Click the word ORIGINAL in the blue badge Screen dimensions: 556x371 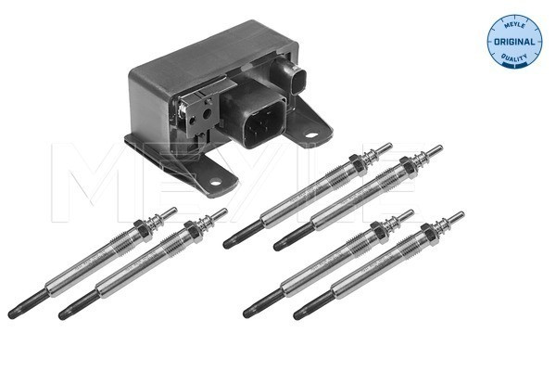click(x=514, y=42)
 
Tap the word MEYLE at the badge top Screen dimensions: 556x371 click(x=513, y=24)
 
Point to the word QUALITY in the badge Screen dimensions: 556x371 click(x=514, y=58)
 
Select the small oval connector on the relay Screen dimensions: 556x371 click(x=298, y=81)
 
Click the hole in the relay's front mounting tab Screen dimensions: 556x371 click(x=215, y=183)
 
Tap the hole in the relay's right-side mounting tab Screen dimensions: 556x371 click(x=311, y=135)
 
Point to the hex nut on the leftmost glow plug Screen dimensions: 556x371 click(x=144, y=229)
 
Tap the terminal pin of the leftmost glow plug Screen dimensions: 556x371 click(x=169, y=212)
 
